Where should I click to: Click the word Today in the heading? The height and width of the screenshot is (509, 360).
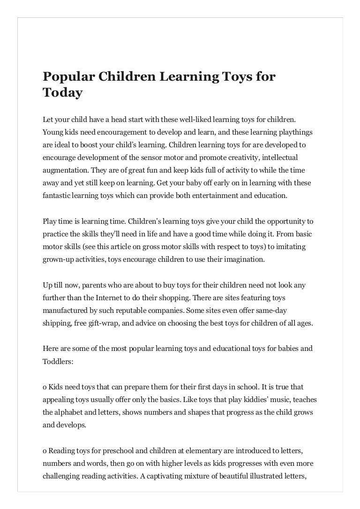click(x=62, y=93)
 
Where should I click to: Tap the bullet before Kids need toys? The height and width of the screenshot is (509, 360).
click(x=45, y=387)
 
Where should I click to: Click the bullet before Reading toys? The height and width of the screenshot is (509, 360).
click(x=45, y=451)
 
